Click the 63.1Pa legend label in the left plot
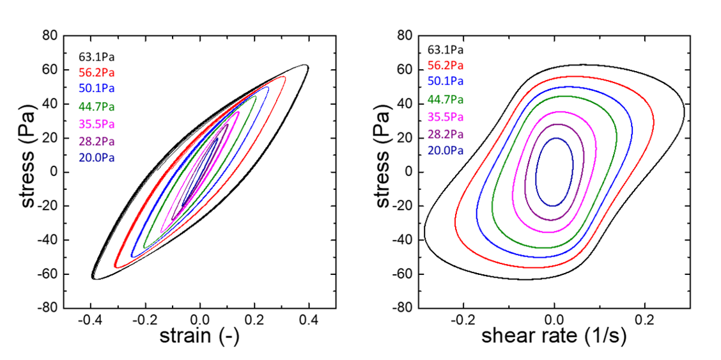click(x=97, y=56)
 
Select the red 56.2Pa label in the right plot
click(x=446, y=65)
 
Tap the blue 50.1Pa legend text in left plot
click(x=97, y=88)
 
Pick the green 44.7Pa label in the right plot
click(x=446, y=99)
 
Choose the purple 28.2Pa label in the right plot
click(x=446, y=134)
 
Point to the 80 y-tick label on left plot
click(x=50, y=36)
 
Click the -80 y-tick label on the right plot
click(x=401, y=308)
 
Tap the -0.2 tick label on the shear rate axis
click(x=461, y=320)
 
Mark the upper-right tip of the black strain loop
click(x=307, y=65)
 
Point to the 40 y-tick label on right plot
click(x=404, y=104)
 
